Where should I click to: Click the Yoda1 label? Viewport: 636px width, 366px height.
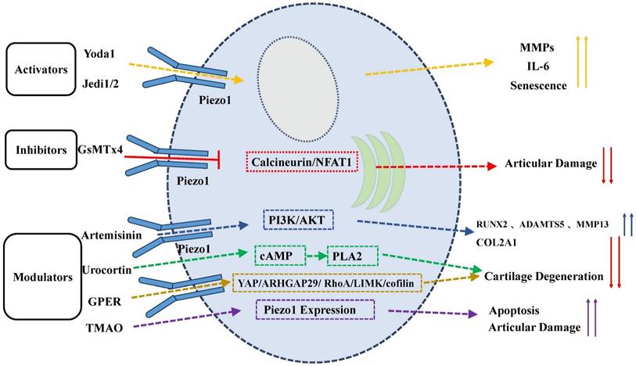click(100, 54)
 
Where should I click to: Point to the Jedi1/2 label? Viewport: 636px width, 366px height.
click(102, 82)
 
